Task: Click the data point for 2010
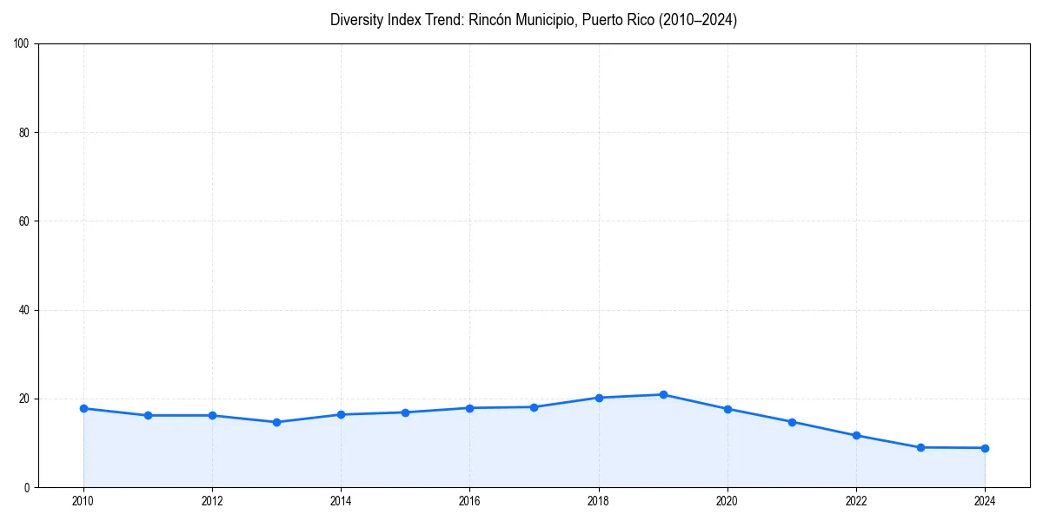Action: click(83, 408)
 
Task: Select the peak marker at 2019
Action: click(663, 394)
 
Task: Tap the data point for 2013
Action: click(276, 422)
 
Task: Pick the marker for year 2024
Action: click(985, 448)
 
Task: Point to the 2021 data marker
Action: click(792, 422)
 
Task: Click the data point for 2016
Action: click(469, 408)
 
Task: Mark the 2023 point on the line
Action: click(920, 447)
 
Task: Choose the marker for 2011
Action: click(148, 415)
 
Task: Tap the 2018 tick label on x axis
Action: click(598, 500)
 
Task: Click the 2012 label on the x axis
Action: click(212, 500)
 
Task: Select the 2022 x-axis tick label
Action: click(856, 500)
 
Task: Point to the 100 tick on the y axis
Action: click(23, 44)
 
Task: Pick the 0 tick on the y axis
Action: click(28, 487)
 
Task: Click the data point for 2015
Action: click(405, 412)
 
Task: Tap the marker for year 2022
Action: click(856, 435)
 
